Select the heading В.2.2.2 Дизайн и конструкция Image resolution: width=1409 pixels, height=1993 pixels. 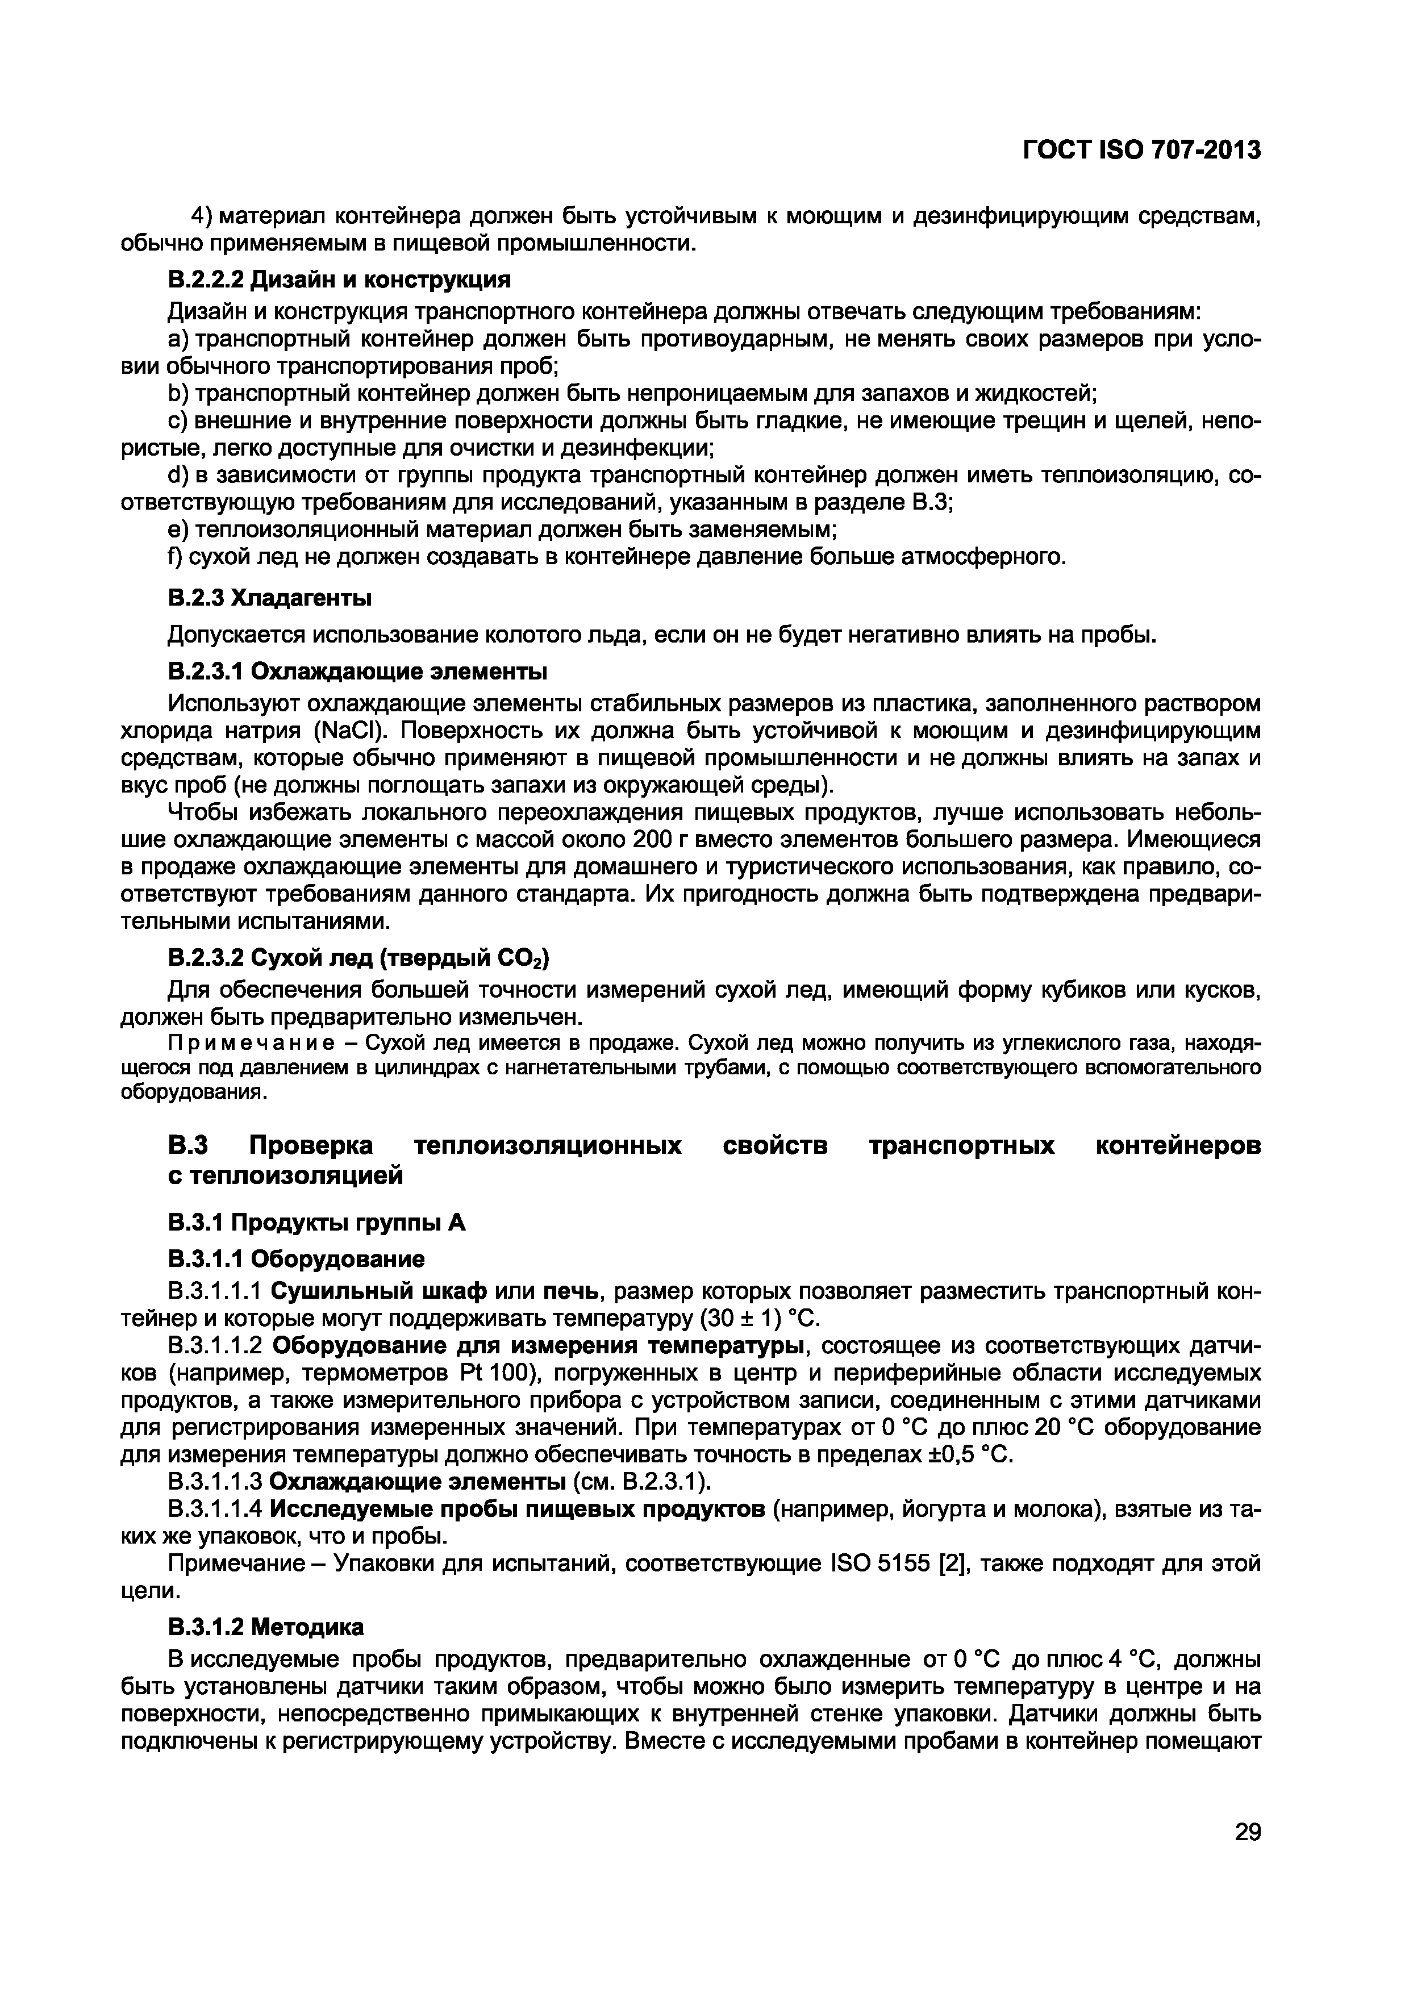click(x=339, y=280)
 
